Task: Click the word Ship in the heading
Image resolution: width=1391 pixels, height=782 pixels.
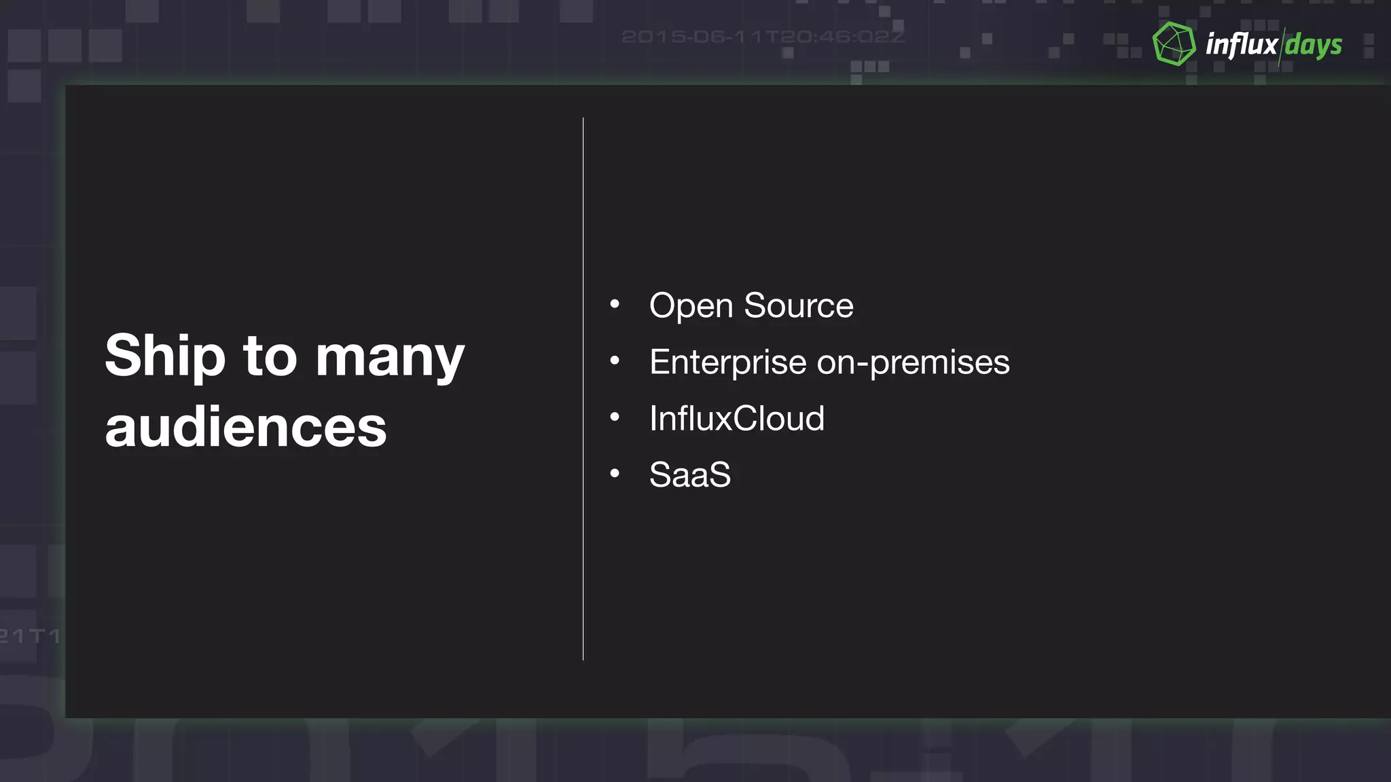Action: (165, 356)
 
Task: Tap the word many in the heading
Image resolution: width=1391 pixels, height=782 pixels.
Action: (390, 358)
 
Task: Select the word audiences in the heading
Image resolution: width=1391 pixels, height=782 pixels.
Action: (246, 428)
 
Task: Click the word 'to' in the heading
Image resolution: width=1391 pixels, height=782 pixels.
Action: (270, 356)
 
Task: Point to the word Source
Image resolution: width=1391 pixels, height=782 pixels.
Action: (799, 305)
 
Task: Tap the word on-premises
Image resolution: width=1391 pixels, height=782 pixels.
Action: (913, 362)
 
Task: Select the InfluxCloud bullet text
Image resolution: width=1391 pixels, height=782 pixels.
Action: (737, 418)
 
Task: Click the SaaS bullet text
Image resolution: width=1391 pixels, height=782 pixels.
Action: (690, 474)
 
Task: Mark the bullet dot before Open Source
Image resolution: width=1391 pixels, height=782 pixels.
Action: (615, 304)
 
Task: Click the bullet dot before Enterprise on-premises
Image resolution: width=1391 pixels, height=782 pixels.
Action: (615, 360)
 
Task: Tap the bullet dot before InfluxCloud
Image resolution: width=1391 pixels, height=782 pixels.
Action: (615, 417)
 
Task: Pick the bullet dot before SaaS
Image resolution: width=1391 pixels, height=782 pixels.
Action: (615, 473)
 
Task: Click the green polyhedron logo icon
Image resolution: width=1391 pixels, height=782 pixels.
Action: (1174, 44)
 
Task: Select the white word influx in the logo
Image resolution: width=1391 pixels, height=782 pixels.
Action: (1241, 45)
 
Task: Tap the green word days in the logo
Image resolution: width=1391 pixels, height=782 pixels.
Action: (1314, 45)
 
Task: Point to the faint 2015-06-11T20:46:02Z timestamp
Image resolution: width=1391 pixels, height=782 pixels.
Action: (763, 37)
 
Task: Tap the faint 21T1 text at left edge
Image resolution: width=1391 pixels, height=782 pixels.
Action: (30, 637)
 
